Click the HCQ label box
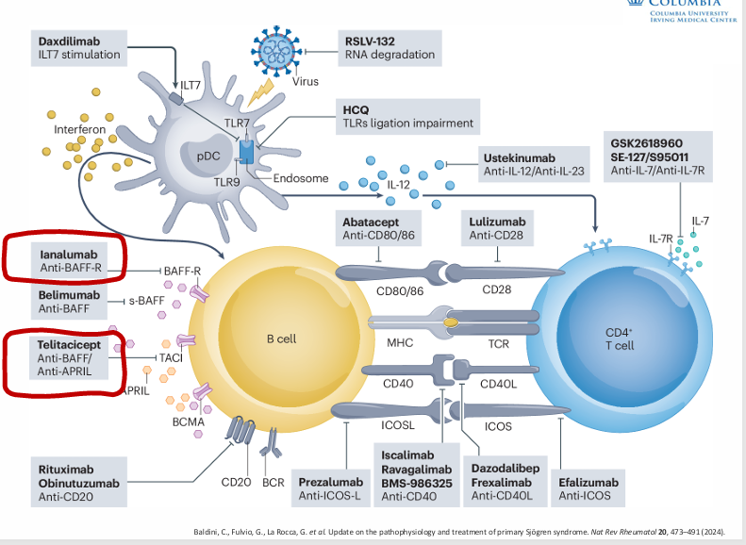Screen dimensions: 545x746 (407, 117)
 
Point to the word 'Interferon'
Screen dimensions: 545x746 (80, 128)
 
